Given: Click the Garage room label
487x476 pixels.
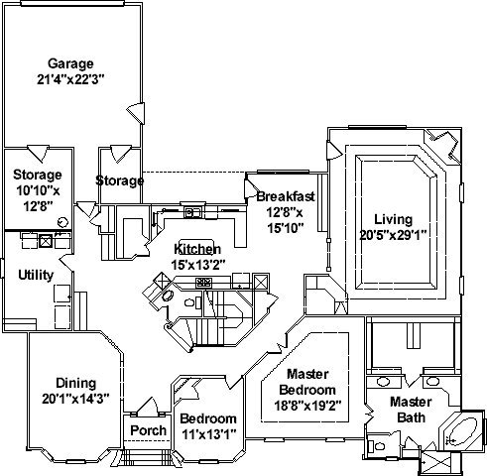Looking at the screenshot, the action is point(70,63).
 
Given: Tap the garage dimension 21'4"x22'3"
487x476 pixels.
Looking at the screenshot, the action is point(70,79).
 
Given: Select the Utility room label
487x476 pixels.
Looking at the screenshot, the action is point(36,275).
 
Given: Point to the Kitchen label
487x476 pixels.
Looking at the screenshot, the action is point(197,249).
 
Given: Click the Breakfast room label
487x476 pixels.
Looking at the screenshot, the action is point(286,196).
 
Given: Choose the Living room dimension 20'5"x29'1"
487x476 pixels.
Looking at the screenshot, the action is point(393,235).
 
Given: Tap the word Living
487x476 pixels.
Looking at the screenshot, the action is point(393,220).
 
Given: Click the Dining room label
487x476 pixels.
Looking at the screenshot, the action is point(75,383).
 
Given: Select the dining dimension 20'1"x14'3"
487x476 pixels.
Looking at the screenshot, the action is point(75,399).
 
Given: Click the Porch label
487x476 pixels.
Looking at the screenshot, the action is point(148,430).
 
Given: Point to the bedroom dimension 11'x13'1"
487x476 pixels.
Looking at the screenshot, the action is point(209,434).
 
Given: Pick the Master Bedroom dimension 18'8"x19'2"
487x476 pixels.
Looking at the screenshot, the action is point(307,406).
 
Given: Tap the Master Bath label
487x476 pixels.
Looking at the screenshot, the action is point(411,410).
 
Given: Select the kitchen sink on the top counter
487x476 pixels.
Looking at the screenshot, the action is point(192,212).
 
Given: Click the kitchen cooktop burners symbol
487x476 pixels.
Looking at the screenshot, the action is point(203,282).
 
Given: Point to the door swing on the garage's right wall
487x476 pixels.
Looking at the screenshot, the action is point(136,113).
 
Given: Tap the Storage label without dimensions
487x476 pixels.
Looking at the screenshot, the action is point(120,180).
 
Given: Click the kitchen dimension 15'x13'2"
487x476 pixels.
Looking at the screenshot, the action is point(198,265).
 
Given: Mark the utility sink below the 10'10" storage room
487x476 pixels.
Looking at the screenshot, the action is point(46,241).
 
